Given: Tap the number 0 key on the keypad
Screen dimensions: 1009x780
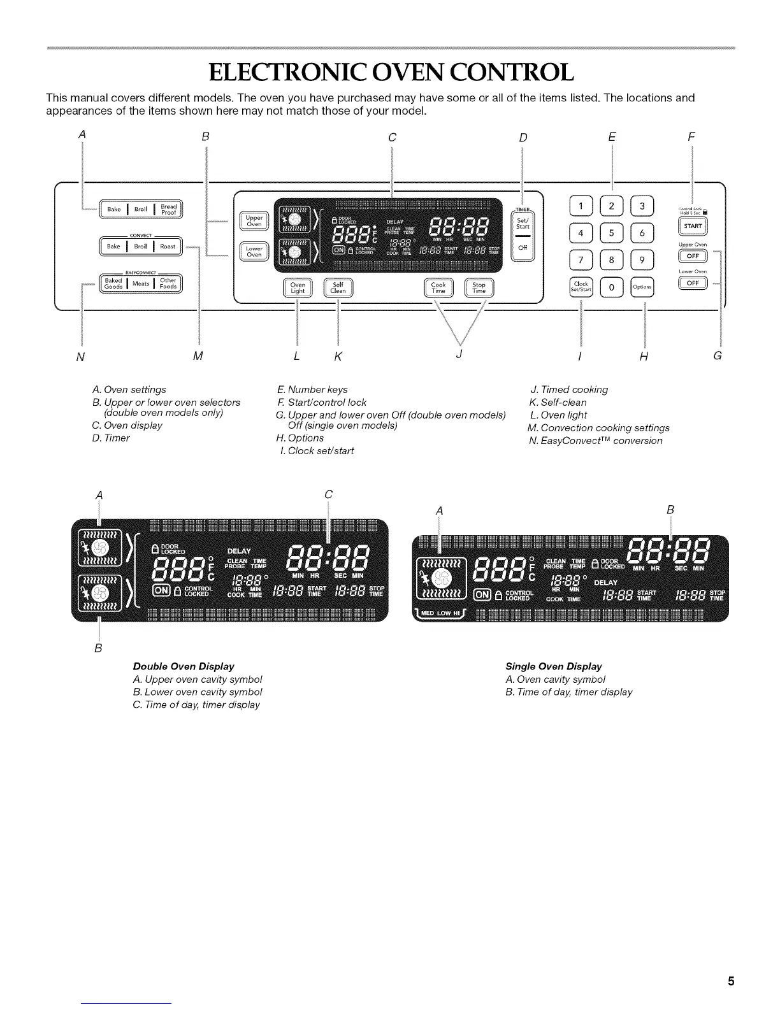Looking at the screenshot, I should tap(612, 287).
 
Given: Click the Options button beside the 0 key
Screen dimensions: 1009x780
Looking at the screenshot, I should tap(642, 287).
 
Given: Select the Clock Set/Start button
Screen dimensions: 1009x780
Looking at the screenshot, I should tap(581, 287).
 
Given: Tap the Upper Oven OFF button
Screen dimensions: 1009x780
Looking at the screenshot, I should tap(692, 256).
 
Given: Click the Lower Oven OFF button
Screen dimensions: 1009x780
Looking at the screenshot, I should tap(692, 283).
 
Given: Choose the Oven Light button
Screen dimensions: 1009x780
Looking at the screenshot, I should tap(298, 288).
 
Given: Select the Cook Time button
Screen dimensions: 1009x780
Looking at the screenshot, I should tap(438, 288).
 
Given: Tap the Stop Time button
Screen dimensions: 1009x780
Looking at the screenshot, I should tap(479, 288).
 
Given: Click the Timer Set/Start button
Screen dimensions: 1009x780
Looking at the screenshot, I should tap(523, 224).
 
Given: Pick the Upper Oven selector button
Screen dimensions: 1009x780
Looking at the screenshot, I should tap(254, 221).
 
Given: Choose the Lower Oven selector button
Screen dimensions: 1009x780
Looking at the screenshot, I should tap(254, 252).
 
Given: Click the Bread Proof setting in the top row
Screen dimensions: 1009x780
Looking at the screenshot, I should tap(168, 209).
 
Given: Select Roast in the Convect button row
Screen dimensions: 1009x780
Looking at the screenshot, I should tap(168, 246).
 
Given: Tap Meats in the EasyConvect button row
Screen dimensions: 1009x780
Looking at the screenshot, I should tap(141, 283).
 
